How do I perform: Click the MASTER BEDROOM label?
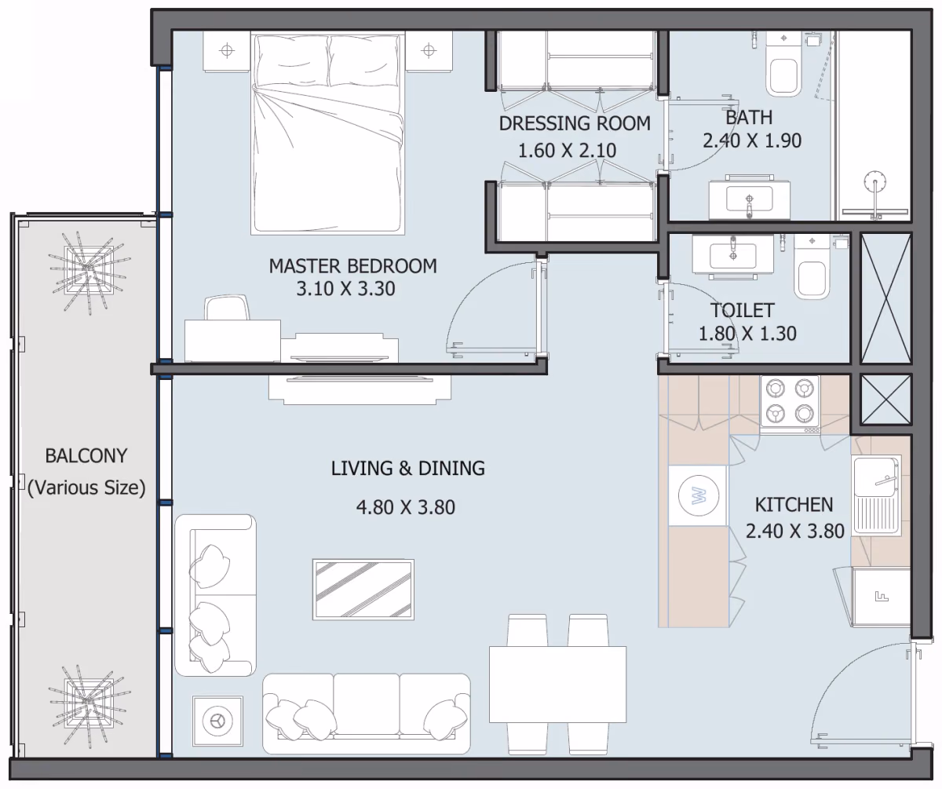click(x=352, y=266)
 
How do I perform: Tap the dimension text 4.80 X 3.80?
click(x=406, y=507)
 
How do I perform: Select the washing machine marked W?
click(x=698, y=496)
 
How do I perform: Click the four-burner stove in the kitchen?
click(x=790, y=401)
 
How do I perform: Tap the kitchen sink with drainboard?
click(x=877, y=495)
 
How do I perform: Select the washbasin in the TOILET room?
click(x=732, y=255)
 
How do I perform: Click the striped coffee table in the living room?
click(x=363, y=590)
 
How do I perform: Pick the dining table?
click(x=557, y=685)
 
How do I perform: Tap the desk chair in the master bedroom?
click(x=227, y=308)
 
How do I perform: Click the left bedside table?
click(x=227, y=51)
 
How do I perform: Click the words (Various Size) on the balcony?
click(x=86, y=488)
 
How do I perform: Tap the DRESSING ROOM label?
click(x=575, y=123)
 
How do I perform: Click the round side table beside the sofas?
click(x=218, y=721)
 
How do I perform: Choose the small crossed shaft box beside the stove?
click(x=886, y=400)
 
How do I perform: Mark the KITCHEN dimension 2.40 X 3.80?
click(x=795, y=531)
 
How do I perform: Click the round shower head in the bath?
click(x=875, y=182)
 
